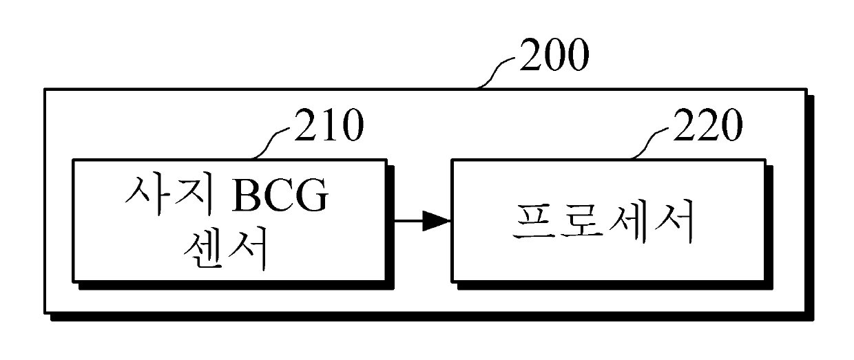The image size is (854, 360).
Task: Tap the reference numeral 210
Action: [x=327, y=127]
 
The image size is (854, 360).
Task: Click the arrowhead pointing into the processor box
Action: [x=436, y=221]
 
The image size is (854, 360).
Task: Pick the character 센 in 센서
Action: [x=205, y=253]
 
